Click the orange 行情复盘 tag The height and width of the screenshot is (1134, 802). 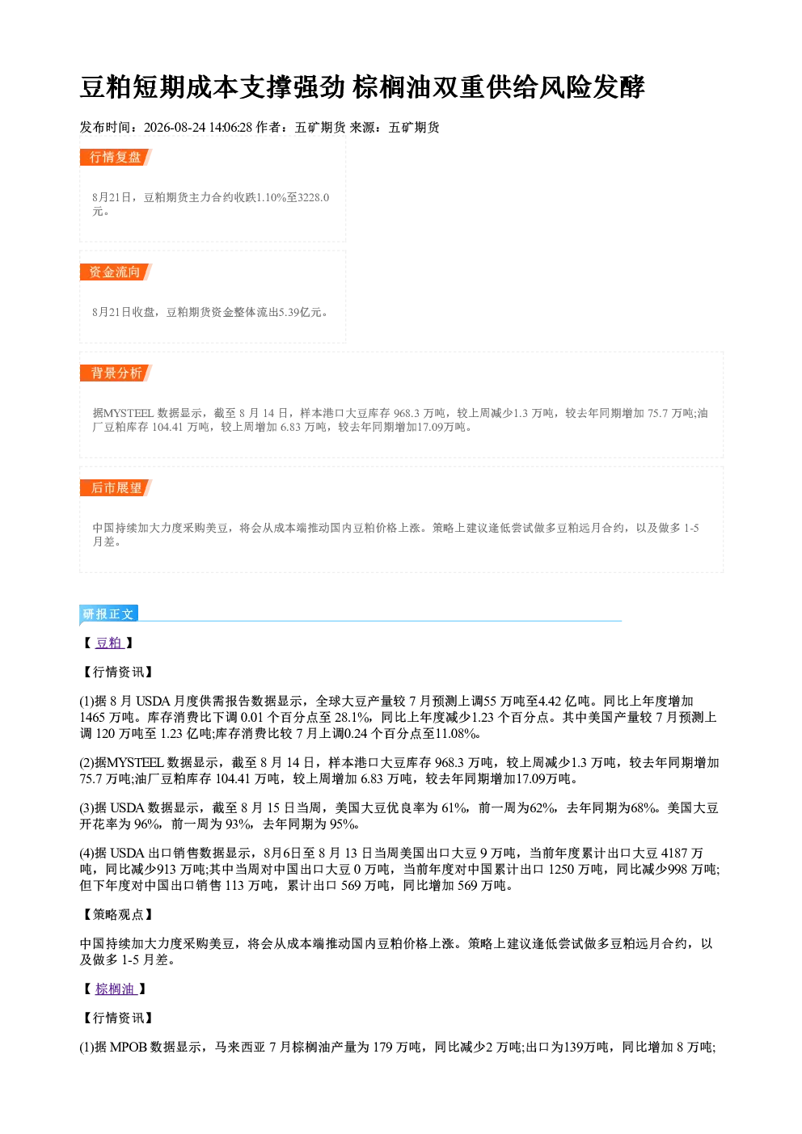click(x=115, y=157)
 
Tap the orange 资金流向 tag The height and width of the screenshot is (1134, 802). click(x=115, y=272)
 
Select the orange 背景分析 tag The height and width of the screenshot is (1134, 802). click(x=115, y=373)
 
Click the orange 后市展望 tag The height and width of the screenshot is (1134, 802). click(x=115, y=488)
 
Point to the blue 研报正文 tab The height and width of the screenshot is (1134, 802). click(x=108, y=613)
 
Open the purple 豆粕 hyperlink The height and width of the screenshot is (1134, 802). click(x=109, y=643)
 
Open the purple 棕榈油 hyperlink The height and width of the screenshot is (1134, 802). click(x=116, y=989)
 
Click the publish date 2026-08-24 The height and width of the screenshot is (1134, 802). click(x=175, y=127)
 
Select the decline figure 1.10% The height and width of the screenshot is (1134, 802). click(x=272, y=197)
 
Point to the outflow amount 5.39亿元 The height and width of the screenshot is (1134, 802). click(x=301, y=312)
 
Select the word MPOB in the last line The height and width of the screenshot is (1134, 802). click(x=128, y=1047)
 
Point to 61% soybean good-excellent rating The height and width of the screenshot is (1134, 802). click(x=454, y=807)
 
